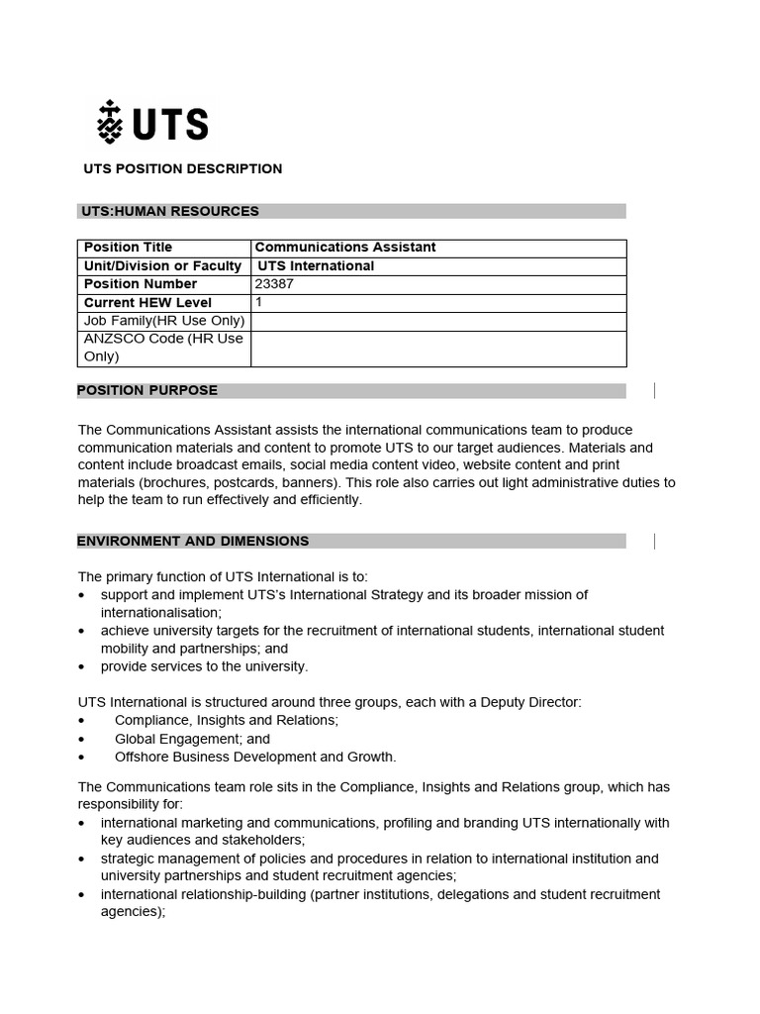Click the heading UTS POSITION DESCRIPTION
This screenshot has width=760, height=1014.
point(183,168)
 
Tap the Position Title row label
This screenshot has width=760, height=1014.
point(128,248)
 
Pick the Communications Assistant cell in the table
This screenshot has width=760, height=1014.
point(345,248)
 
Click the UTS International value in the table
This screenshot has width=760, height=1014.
point(316,265)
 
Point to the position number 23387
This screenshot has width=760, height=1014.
point(274,284)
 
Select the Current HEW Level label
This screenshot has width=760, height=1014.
point(147,303)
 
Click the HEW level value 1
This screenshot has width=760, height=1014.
point(259,302)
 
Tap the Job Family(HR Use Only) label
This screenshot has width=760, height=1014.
point(163,321)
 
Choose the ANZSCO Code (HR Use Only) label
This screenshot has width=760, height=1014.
point(163,348)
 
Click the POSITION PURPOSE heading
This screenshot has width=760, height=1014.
point(147,390)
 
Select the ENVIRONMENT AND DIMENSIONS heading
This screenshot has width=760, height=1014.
point(193,541)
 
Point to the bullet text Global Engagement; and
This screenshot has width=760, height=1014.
point(192,739)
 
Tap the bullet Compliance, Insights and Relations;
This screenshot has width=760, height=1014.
point(227,720)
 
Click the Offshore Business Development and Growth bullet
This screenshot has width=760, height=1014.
point(255,757)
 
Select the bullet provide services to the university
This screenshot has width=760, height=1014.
point(204,666)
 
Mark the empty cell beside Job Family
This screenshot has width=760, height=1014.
point(437,321)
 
